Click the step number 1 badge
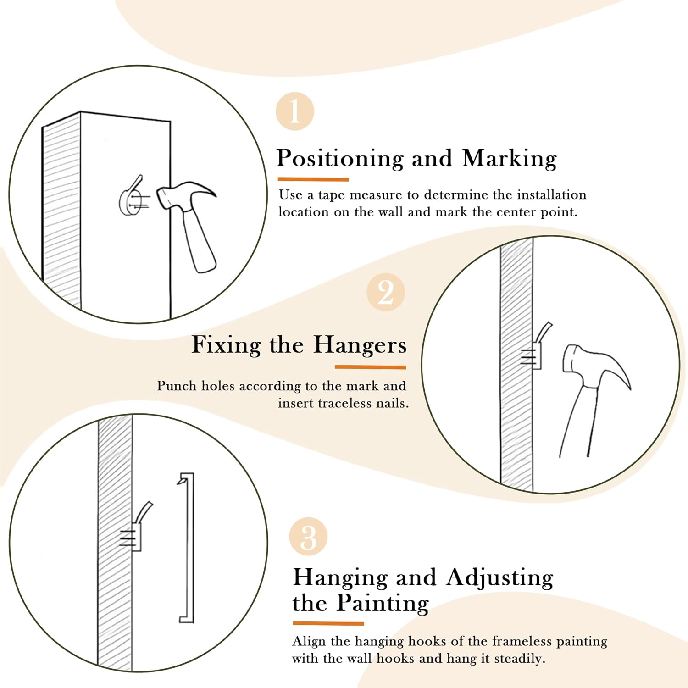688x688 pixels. tap(295, 111)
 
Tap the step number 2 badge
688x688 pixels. tap(386, 292)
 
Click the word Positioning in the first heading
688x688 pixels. tap(340, 159)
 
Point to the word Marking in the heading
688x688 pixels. tap(509, 159)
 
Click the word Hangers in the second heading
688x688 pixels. tap(360, 344)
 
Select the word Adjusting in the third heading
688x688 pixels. tap(499, 577)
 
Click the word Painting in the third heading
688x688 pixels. tap(383, 603)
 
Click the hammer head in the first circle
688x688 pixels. tap(186, 195)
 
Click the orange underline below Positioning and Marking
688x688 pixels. tap(313, 179)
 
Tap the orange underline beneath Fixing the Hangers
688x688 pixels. tap(371, 367)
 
